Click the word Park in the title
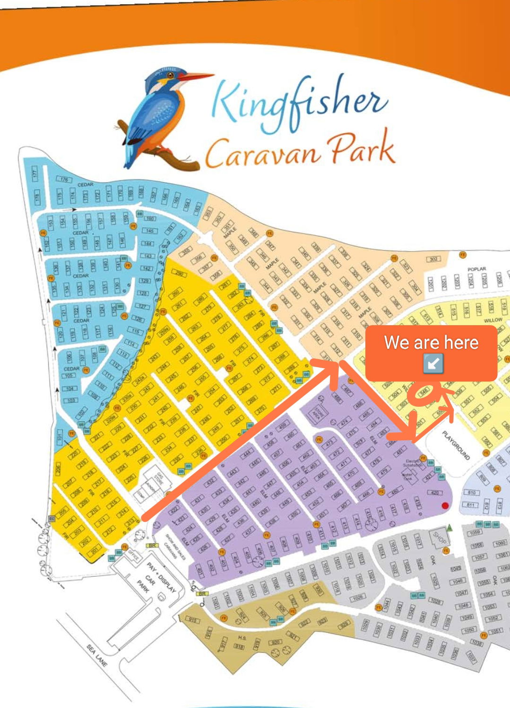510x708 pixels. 362,149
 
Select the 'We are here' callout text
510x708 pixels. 431,342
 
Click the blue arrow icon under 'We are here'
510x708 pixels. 433,363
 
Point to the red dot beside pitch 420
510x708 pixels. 445,506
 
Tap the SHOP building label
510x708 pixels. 440,537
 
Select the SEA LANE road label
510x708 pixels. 97,655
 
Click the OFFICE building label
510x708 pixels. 133,555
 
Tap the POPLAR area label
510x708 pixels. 476,269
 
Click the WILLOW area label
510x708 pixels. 493,320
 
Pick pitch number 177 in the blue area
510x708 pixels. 35,173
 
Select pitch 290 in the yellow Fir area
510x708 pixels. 179,273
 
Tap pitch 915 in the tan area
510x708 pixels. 193,620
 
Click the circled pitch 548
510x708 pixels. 423,391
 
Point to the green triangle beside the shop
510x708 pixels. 450,527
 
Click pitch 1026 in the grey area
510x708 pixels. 358,598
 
